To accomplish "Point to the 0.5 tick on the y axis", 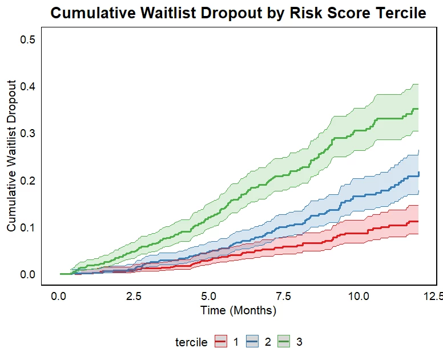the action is coord(27,39).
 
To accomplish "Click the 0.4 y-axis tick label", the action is coord(27,86).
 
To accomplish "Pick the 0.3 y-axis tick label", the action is coord(27,133).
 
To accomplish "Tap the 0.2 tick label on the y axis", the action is coord(27,180).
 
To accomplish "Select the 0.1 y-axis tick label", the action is coord(27,227).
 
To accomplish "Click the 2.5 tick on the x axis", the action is coord(134,297).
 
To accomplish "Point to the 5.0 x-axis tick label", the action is coord(208,297).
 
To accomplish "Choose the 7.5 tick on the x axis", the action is coord(283,297).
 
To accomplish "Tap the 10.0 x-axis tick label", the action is coord(359,297).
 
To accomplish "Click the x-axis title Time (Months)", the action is coord(239,310).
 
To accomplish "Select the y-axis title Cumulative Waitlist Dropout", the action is coord(11,156).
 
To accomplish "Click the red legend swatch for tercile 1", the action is coord(221,341).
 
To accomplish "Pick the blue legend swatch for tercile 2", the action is coord(252,341).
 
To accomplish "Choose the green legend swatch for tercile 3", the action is coord(283,341).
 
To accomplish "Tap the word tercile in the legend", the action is coord(191,342).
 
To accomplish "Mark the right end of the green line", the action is coord(418,109).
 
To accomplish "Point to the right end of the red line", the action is coord(418,222).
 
